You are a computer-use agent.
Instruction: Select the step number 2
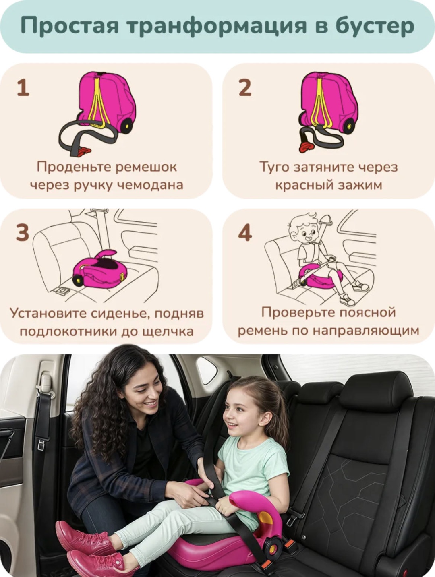[x=245, y=88]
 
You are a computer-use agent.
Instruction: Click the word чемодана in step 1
[x=150, y=185]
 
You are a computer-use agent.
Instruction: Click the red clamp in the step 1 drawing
[x=84, y=151]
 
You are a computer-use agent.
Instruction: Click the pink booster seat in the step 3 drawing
[x=100, y=270]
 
